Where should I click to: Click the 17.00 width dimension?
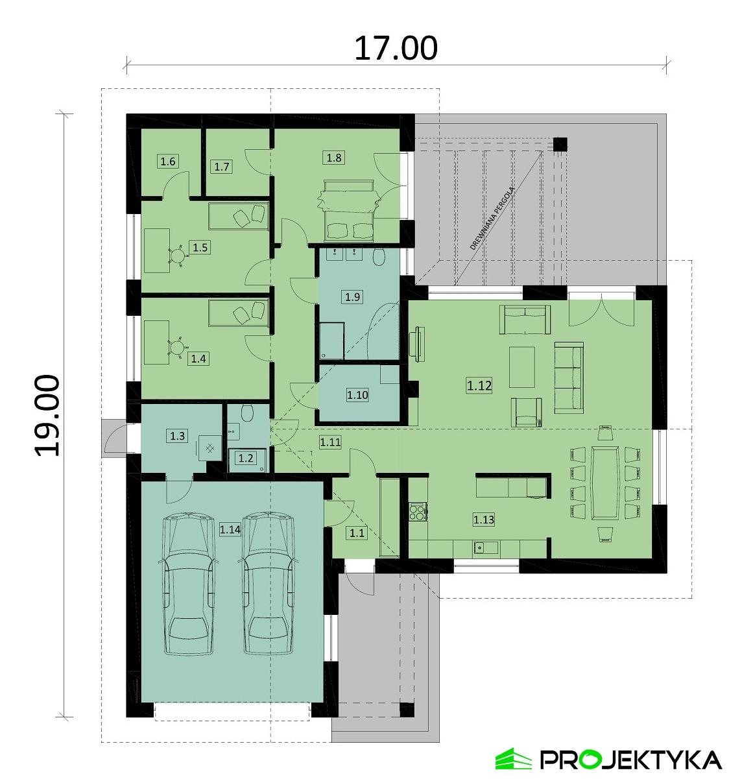click(x=396, y=48)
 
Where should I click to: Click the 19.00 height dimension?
click(x=47, y=415)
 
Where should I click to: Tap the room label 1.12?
click(x=479, y=386)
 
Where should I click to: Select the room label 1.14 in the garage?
click(x=230, y=530)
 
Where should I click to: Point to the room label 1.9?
click(x=353, y=297)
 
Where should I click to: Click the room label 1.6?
click(x=168, y=161)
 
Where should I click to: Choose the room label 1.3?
click(x=177, y=436)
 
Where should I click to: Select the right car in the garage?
click(x=268, y=584)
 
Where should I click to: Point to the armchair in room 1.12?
click(x=527, y=413)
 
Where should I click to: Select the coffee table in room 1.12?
click(x=523, y=366)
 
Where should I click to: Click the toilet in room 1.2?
click(x=246, y=413)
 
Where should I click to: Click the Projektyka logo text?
click(x=630, y=759)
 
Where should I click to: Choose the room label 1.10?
click(x=357, y=394)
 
